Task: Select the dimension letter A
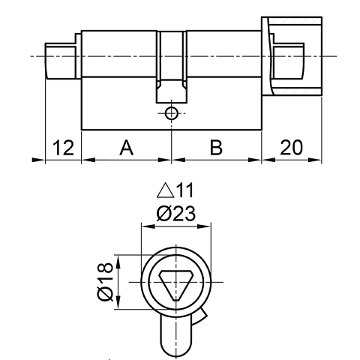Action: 126,148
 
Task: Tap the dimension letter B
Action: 216,148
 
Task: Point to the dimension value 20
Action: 291,148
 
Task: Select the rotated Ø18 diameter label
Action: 104,280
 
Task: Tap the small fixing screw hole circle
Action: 172,113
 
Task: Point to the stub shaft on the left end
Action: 62,60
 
